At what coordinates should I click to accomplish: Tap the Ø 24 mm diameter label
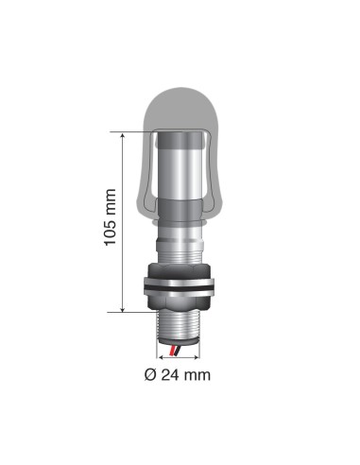[x=177, y=374]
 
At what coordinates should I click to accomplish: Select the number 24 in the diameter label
[x=171, y=374]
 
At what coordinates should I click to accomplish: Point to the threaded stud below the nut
[x=180, y=326]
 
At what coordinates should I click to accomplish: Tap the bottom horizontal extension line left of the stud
[x=132, y=310]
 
